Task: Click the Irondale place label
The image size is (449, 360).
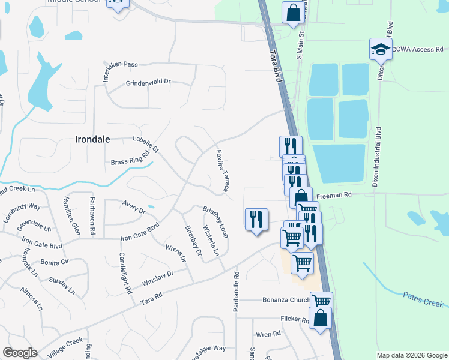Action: [92, 139]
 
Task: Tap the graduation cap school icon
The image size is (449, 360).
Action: [381, 49]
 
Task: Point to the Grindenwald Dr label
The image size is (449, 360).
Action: [148, 83]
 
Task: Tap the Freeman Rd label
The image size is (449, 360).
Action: [333, 194]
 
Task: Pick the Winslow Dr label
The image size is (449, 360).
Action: [157, 278]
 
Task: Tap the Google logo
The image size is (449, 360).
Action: [20, 353]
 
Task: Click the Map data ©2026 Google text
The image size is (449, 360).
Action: [411, 355]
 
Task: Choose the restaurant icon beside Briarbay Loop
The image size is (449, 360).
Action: [256, 220]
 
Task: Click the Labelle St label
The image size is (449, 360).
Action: [146, 144]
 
